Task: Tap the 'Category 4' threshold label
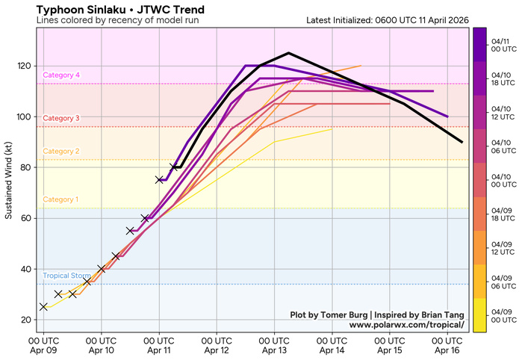coord(62,75)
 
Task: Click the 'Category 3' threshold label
coord(62,118)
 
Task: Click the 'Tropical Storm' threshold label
coord(66,276)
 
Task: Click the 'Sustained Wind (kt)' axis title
coord(9,179)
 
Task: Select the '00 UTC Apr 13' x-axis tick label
coord(274,344)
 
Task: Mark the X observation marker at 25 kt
coord(43,306)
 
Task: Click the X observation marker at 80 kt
coord(174,167)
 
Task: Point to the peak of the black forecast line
coord(288,53)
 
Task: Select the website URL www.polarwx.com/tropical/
coord(406,325)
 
